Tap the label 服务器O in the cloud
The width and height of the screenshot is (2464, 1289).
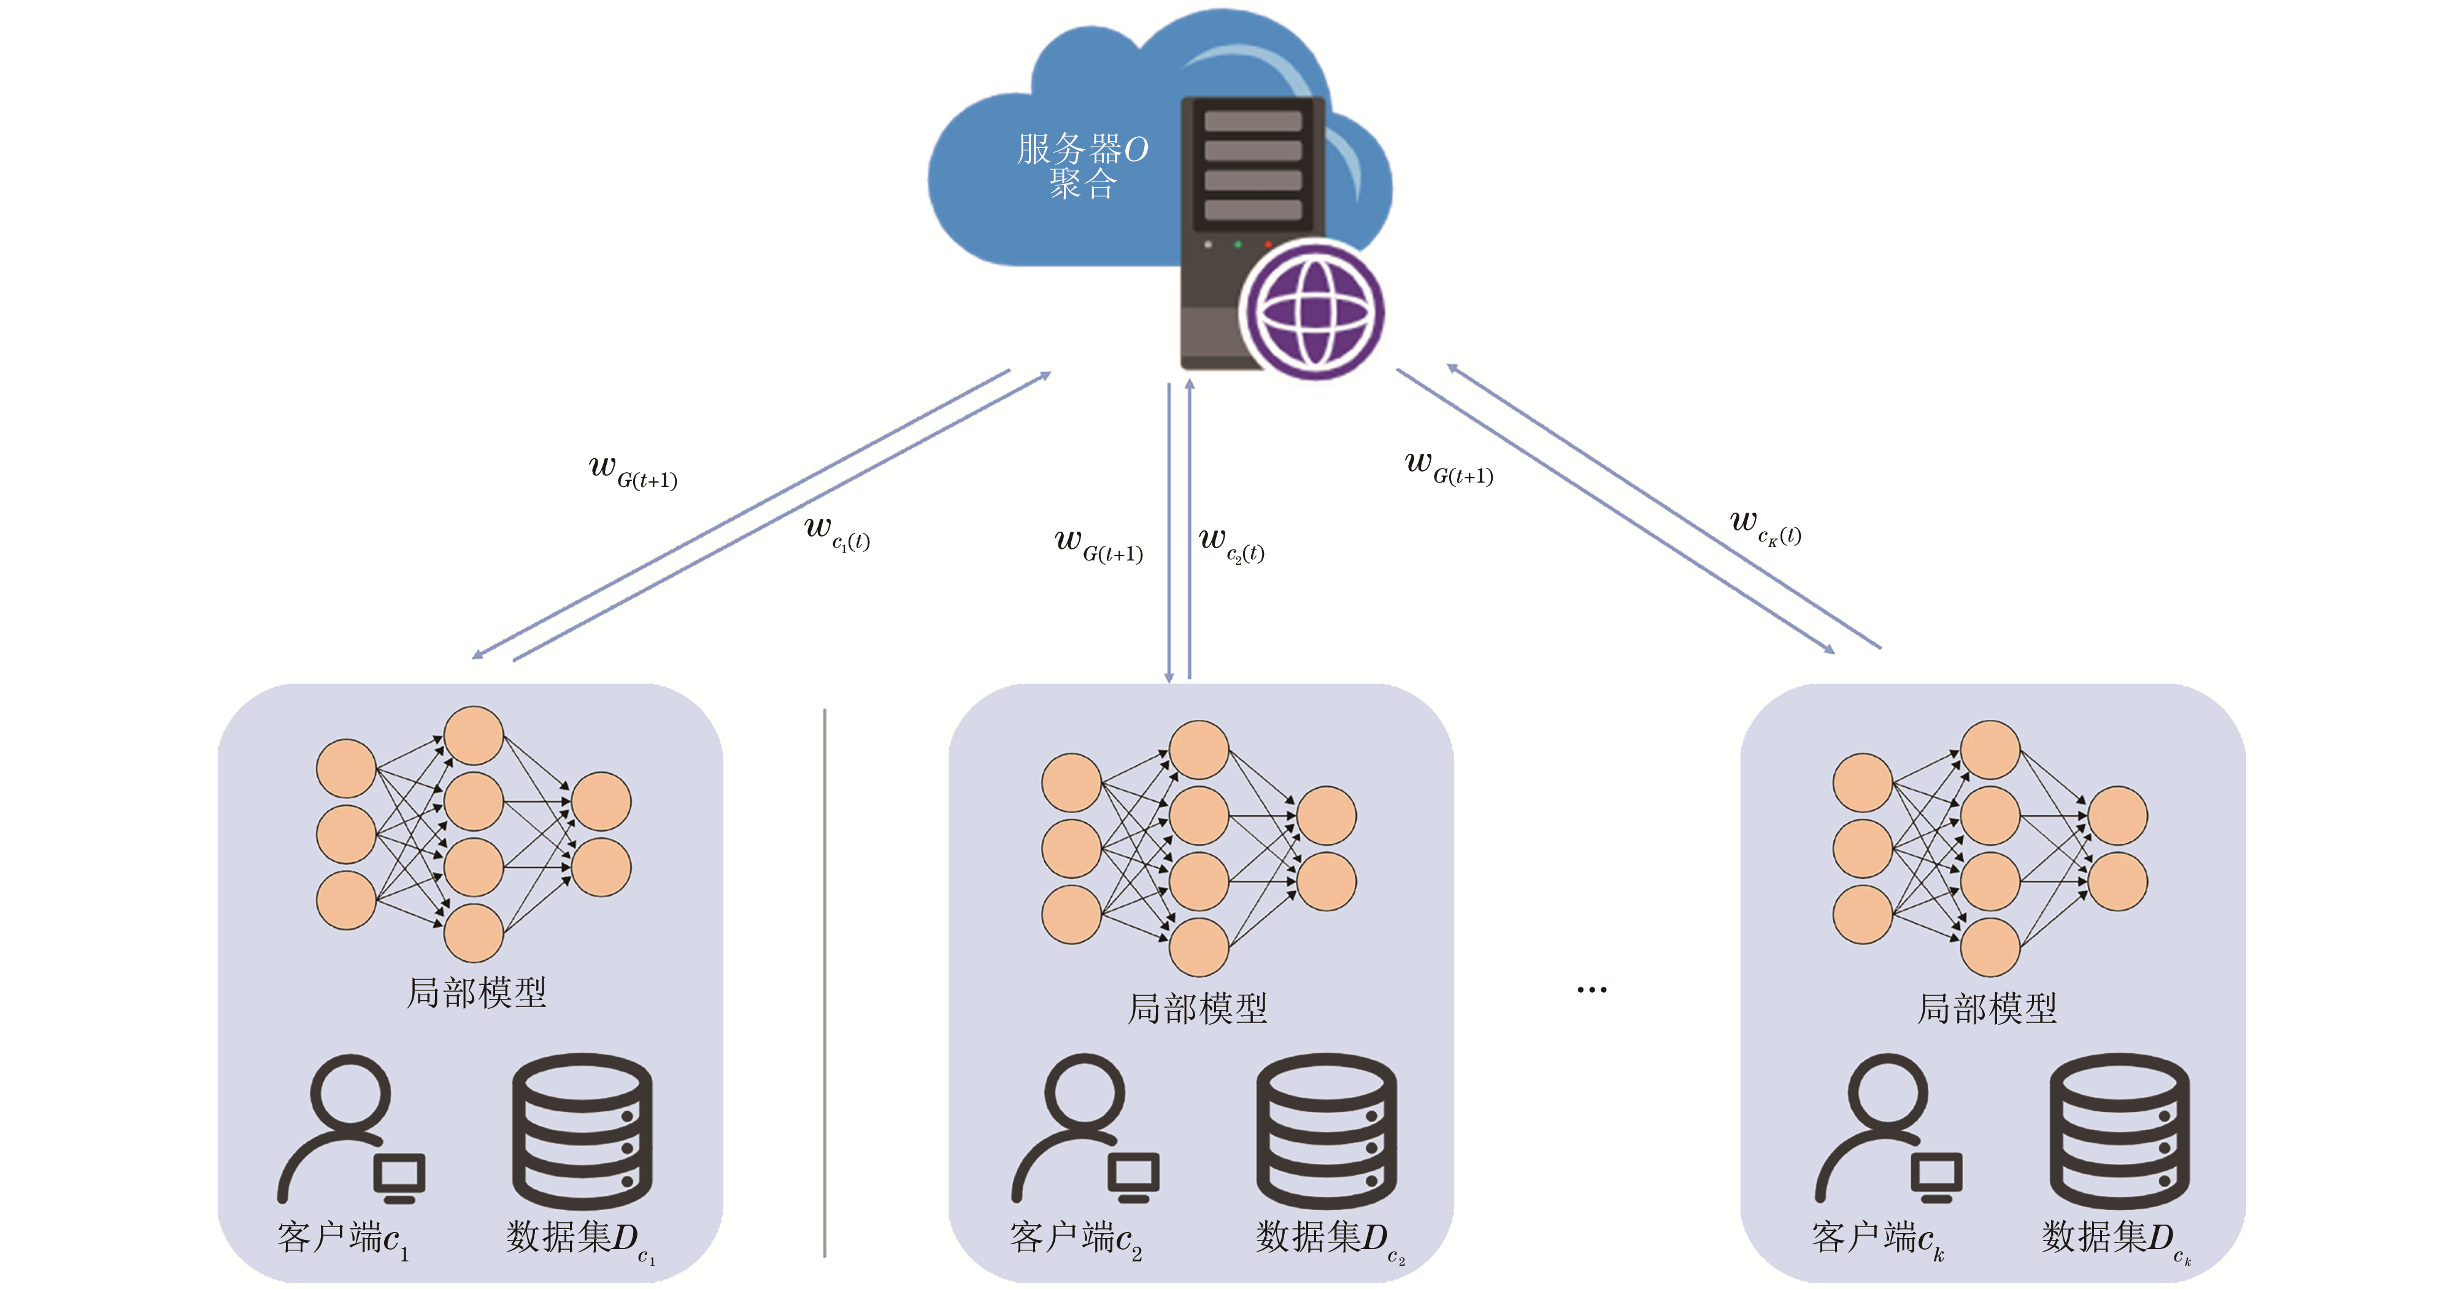[1082, 149]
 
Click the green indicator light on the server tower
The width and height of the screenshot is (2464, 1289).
[1238, 245]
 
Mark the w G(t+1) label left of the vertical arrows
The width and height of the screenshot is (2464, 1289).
[1098, 545]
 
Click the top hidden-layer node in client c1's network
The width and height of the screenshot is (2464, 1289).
[474, 735]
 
